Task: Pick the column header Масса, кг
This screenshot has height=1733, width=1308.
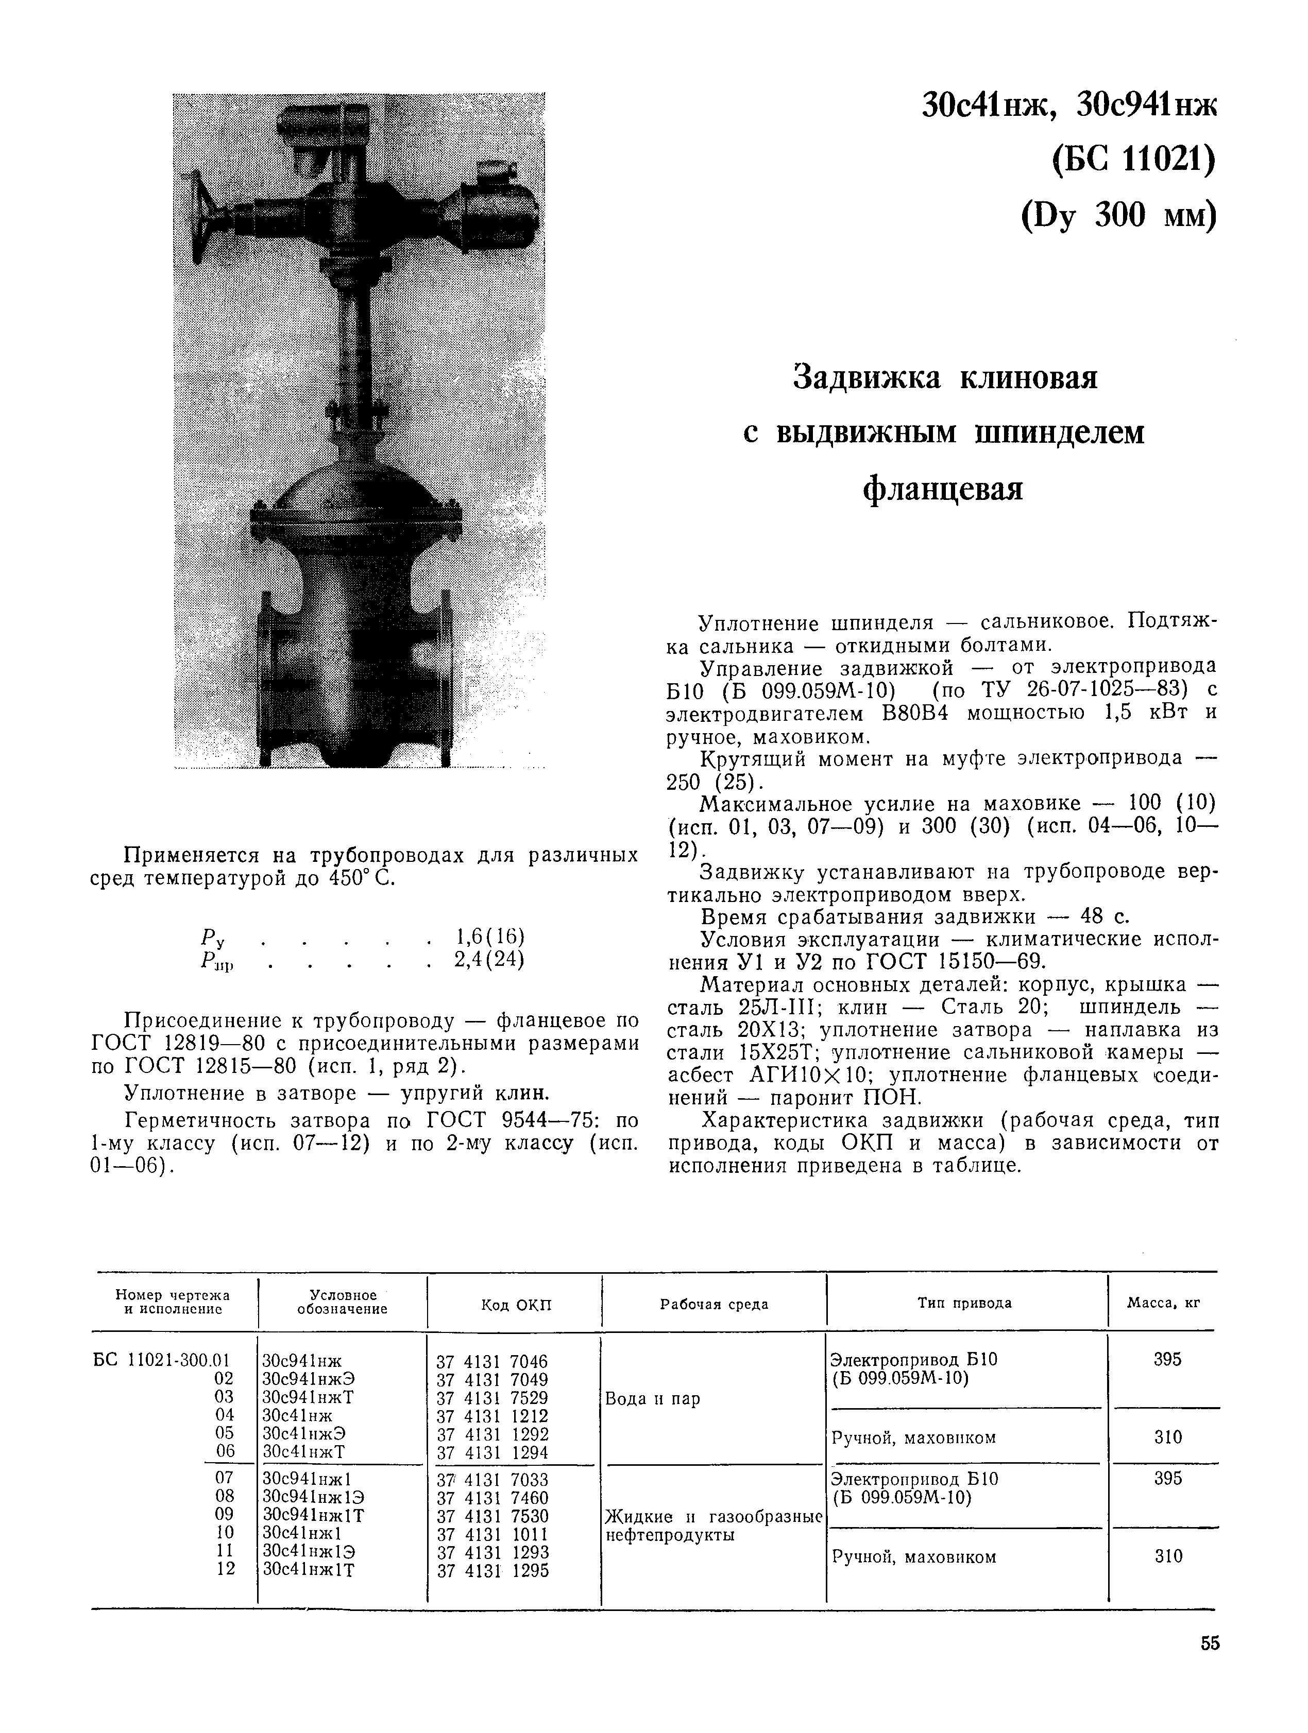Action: click(x=1163, y=1303)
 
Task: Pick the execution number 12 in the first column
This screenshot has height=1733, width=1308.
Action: click(x=225, y=1569)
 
